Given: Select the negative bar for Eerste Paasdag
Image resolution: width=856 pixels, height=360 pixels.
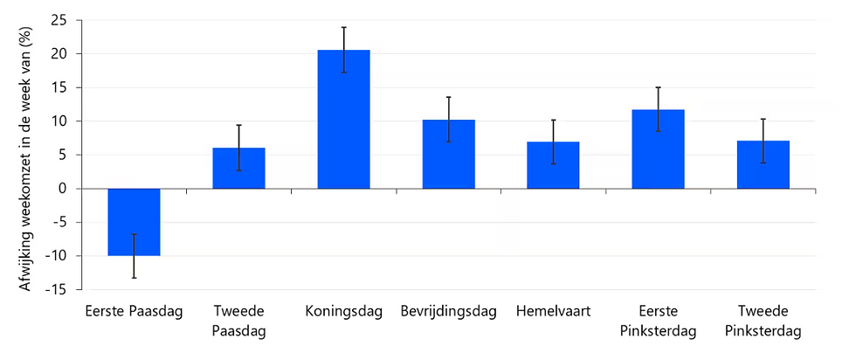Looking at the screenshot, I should [x=134, y=222].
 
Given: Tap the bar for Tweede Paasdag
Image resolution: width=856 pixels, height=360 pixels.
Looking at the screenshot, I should [x=238, y=169].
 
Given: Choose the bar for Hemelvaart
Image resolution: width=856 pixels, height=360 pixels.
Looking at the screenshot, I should [x=553, y=166].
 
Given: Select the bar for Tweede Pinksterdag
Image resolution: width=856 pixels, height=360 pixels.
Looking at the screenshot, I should [x=763, y=166].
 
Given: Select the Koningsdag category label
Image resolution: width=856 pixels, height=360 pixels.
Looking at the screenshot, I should [x=344, y=312].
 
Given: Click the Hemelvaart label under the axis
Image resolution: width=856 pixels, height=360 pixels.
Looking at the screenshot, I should [x=553, y=312].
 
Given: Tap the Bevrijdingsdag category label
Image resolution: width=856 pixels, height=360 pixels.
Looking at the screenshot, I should [x=448, y=312].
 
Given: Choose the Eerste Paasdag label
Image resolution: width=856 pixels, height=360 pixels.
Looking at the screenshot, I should [x=134, y=312].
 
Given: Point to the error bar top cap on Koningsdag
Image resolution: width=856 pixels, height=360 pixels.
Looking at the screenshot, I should [x=343, y=27].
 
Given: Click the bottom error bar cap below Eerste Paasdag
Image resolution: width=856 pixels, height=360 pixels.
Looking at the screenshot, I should [x=134, y=278].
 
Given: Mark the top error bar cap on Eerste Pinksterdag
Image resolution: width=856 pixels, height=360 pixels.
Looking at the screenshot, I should [x=658, y=87].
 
